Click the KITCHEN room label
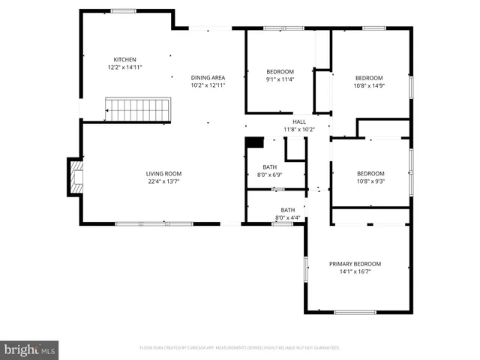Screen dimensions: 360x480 124,59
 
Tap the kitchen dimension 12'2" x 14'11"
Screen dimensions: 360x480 124,67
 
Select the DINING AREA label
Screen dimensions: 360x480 208,77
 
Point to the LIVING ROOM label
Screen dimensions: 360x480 163,173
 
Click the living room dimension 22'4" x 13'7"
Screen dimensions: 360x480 163,181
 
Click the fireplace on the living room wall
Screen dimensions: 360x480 75,176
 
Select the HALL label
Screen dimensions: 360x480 299,121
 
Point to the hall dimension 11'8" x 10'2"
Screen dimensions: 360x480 299,130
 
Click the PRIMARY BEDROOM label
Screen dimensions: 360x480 355,263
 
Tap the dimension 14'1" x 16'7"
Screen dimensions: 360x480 355,271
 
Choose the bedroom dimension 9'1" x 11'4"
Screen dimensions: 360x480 279,79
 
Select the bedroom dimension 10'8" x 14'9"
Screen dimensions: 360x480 369,85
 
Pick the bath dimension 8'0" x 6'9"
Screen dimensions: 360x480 269,175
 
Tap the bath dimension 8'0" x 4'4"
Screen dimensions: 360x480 288,217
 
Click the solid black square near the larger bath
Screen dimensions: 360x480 255,142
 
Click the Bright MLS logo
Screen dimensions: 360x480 29,349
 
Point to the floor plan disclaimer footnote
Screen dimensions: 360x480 240,348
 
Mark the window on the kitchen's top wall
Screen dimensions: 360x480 123,11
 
